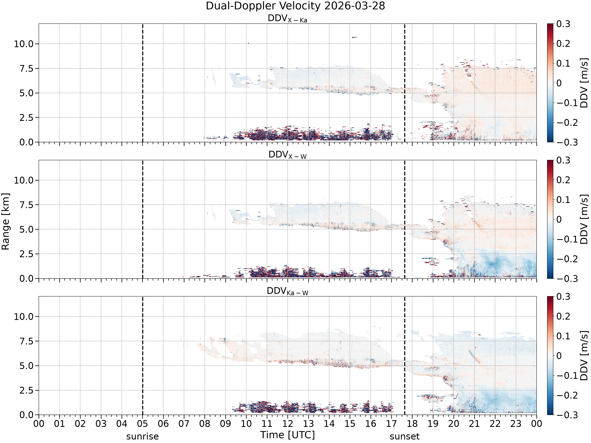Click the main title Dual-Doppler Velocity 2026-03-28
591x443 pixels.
click(295, 6)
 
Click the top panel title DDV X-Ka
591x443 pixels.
click(287, 19)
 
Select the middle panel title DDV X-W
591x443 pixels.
click(287, 155)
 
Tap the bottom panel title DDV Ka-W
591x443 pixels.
click(287, 291)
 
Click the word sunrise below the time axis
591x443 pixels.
click(142, 436)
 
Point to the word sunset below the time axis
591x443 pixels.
click(404, 436)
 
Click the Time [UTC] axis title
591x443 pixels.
click(287, 435)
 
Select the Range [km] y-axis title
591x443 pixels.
click(5, 221)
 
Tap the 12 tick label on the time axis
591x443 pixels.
click(288, 424)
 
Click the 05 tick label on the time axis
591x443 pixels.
click(142, 424)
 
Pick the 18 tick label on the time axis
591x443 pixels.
click(412, 424)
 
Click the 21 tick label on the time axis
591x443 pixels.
click(475, 424)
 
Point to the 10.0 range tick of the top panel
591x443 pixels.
click(24, 44)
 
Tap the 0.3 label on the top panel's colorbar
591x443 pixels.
click(563, 24)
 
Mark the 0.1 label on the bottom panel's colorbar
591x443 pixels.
click(563, 336)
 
